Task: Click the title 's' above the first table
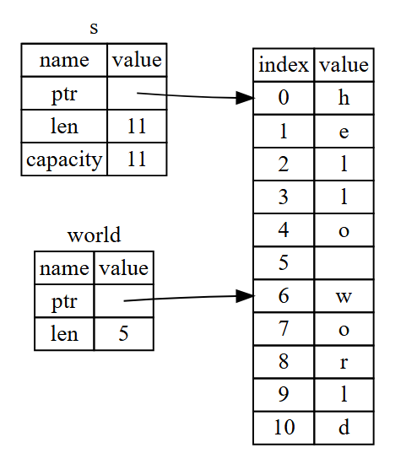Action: (94, 29)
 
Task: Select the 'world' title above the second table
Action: (95, 235)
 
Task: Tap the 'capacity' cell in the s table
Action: (64, 159)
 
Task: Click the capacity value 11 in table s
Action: (137, 159)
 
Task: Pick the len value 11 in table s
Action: (137, 126)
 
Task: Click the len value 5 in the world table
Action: (123, 334)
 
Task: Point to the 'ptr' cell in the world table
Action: (64, 301)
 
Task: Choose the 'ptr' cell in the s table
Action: (64, 94)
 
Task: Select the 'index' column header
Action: (284, 64)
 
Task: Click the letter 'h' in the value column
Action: (344, 97)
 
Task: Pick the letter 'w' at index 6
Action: (344, 296)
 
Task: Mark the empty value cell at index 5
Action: (344, 262)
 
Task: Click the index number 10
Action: (284, 427)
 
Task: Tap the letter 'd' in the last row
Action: (344, 427)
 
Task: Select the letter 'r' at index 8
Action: (344, 362)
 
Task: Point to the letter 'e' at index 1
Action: (344, 132)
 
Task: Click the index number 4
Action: (284, 229)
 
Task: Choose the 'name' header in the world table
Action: (64, 268)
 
